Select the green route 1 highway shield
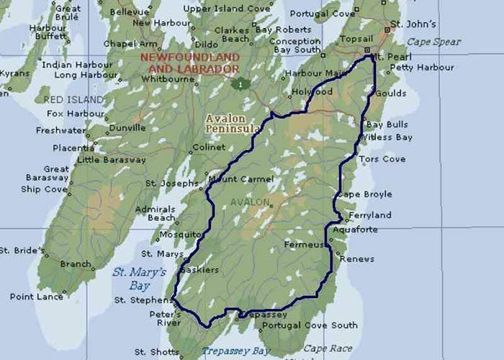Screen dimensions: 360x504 [240, 84]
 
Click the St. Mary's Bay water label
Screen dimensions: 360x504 [139, 279]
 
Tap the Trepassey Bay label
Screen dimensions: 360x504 [235, 351]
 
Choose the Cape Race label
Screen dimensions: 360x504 [328, 348]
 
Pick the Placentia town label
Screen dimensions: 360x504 [73, 148]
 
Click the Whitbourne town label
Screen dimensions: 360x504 [168, 78]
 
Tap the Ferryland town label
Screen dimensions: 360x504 [370, 215]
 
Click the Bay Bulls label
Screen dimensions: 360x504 [387, 125]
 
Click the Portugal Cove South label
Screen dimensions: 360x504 [310, 325]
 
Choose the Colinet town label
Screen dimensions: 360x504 [210, 148]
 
